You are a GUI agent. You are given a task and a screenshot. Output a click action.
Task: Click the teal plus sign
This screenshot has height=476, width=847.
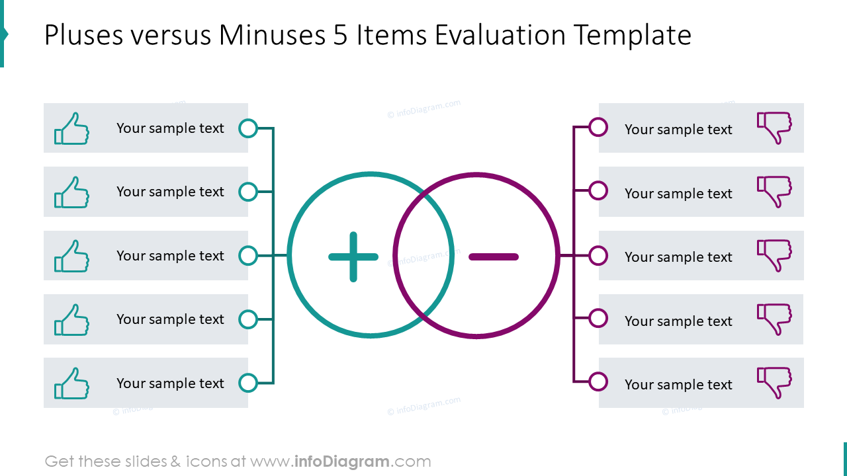353,257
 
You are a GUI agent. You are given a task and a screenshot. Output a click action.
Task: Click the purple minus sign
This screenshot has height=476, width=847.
494,257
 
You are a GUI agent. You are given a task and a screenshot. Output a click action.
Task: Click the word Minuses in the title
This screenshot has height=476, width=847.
272,35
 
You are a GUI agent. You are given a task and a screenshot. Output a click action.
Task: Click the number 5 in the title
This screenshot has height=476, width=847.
340,35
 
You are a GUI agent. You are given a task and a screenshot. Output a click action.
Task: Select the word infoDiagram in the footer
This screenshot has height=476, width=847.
341,461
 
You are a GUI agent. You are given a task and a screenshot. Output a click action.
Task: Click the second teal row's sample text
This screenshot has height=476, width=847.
170,192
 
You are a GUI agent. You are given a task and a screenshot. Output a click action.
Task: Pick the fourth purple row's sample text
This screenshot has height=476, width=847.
678,321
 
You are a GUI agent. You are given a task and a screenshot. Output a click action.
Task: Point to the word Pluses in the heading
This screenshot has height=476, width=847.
83,35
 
